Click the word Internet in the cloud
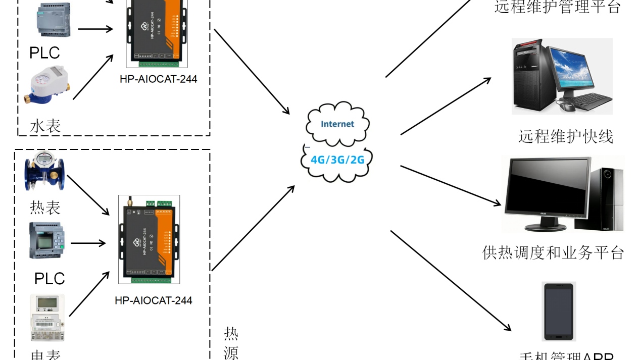point(337,124)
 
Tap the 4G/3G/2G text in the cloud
point(337,160)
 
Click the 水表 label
point(45,126)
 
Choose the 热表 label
point(45,208)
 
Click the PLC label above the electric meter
point(50,278)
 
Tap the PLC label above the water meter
point(44,53)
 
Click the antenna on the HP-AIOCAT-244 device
point(128,201)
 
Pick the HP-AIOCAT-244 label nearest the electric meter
point(154,300)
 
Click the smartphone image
point(558,312)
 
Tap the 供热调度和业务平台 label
point(554,252)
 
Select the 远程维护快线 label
point(565,136)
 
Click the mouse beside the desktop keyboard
point(566,106)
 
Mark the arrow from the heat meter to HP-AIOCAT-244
point(88,194)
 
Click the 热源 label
point(231,343)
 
